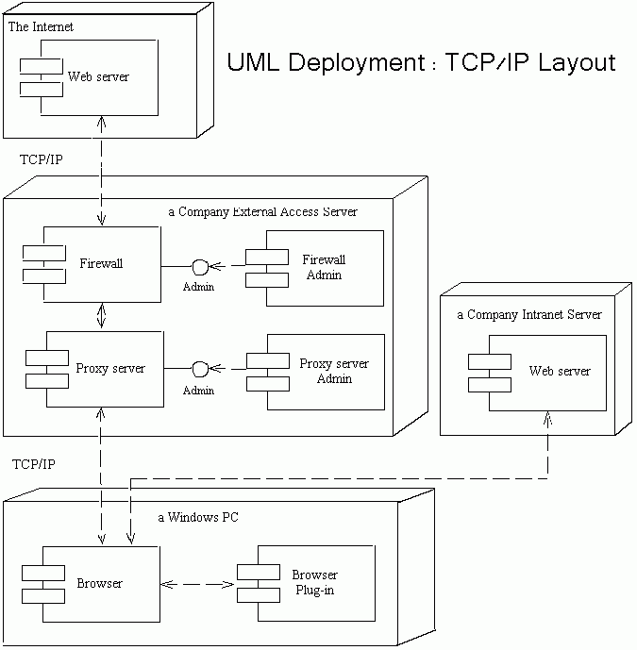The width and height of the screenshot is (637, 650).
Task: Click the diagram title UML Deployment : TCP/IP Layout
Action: click(x=421, y=63)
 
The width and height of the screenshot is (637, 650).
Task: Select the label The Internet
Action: click(x=41, y=27)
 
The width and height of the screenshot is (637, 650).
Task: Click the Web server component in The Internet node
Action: click(x=98, y=75)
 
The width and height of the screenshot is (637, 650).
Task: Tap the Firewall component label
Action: click(x=101, y=264)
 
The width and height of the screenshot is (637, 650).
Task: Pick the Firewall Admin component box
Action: click(x=324, y=267)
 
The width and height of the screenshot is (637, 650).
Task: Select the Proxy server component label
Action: click(x=110, y=368)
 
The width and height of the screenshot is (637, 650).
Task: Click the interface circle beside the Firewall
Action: click(x=199, y=265)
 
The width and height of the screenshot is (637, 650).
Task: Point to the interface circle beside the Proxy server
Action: click(x=199, y=368)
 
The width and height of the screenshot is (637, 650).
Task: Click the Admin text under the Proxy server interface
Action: click(x=199, y=390)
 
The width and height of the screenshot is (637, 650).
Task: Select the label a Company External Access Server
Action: click(x=262, y=212)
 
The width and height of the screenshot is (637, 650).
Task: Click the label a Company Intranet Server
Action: click(x=528, y=314)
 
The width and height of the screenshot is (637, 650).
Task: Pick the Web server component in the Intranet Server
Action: click(x=559, y=371)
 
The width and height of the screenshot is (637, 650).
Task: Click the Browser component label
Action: click(x=99, y=583)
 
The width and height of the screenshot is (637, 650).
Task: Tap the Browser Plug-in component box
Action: click(x=314, y=583)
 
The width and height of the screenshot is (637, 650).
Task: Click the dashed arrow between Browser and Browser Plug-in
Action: click(x=197, y=584)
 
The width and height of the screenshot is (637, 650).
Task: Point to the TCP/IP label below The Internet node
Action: click(x=42, y=159)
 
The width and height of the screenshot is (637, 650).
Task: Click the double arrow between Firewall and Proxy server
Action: click(x=101, y=316)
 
